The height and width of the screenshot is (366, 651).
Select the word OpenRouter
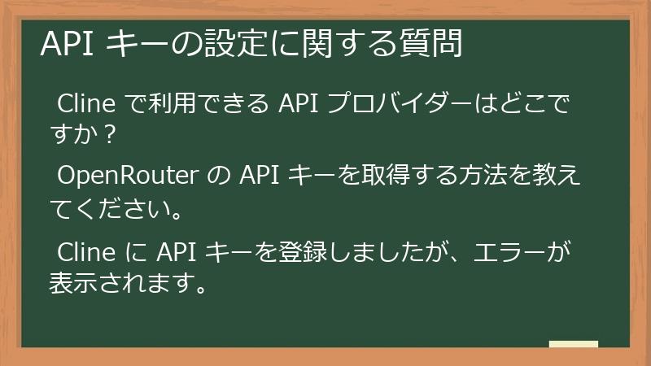coord(135,176)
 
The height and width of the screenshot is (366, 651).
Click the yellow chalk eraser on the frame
coord(573,345)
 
